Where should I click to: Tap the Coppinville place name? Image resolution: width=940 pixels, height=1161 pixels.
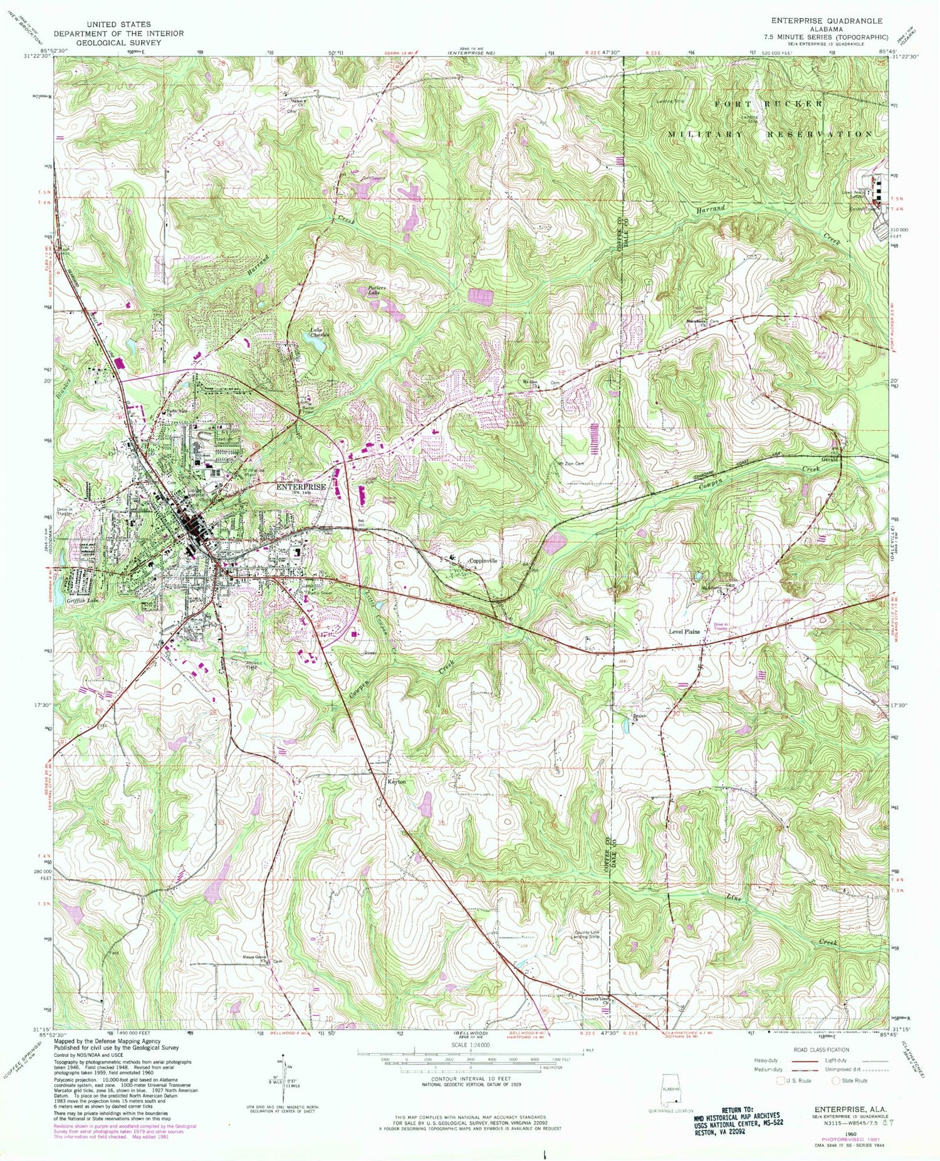484,561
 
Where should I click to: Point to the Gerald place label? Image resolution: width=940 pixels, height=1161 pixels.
829,460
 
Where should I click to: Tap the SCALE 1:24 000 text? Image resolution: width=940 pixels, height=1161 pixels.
469,1046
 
